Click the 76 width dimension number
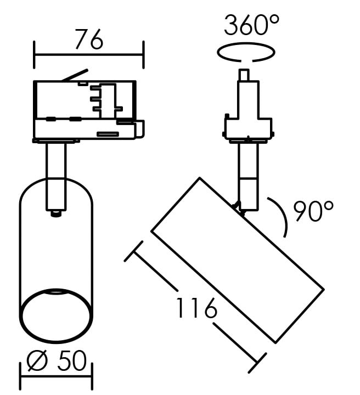pyautogui.click(x=89, y=39)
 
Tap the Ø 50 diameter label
pyautogui.click(x=57, y=361)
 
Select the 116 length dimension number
pyautogui.click(x=196, y=308)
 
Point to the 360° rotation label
pyautogui.click(x=251, y=25)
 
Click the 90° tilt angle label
pyautogui.click(x=313, y=211)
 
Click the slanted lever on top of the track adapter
pyautogui.click(x=75, y=75)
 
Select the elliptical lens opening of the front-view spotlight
pyautogui.click(x=56, y=315)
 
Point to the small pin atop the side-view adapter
pyautogui.click(x=244, y=75)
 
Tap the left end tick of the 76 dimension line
pyautogui.click(x=34, y=54)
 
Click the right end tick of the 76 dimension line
pyautogui.click(x=143, y=54)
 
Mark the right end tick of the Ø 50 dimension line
pyautogui.click(x=92, y=376)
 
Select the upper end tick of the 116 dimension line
pyautogui.click(x=133, y=251)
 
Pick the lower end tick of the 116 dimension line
pyautogui.click(x=257, y=363)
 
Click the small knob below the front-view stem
pyautogui.click(x=56, y=213)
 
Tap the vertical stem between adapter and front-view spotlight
pyautogui.click(x=56, y=176)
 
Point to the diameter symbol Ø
pyautogui.click(x=37, y=361)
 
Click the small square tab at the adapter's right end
pyautogui.click(x=140, y=129)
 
